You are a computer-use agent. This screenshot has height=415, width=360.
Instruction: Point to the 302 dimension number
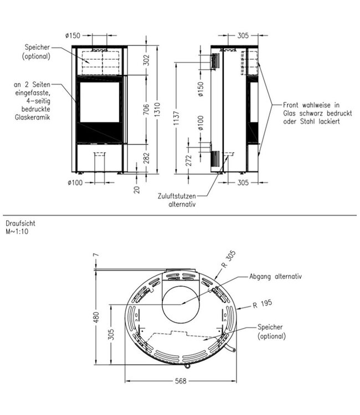click(146, 60)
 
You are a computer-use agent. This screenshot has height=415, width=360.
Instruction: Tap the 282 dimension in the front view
click(146, 158)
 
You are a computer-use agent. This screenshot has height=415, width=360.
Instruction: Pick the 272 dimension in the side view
click(191, 160)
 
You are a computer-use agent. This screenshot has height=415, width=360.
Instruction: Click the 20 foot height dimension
click(137, 190)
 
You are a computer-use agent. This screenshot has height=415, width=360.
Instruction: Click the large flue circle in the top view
click(179, 302)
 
